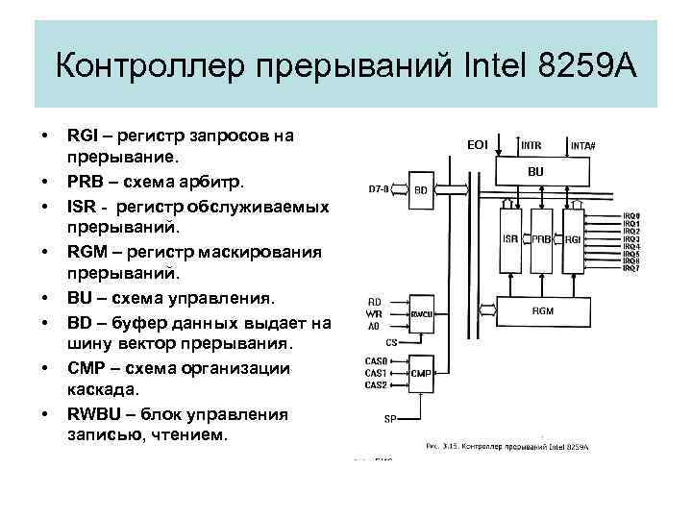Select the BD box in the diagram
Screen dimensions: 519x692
click(x=421, y=189)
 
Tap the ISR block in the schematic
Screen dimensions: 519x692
click(x=511, y=239)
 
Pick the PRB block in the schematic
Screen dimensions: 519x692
click(x=541, y=239)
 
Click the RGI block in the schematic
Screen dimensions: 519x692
click(x=573, y=239)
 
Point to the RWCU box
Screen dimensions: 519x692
click(x=421, y=314)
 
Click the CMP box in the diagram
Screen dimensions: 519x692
click(x=421, y=372)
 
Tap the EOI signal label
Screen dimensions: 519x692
click(x=478, y=144)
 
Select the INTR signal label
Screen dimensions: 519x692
click(x=531, y=145)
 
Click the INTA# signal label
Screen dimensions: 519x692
click(x=583, y=146)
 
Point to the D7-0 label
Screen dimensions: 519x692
click(x=379, y=189)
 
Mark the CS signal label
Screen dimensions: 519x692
click(x=391, y=340)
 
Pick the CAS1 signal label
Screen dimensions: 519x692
click(x=376, y=372)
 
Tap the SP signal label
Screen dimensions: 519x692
click(x=389, y=419)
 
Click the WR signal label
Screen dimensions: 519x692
click(x=375, y=313)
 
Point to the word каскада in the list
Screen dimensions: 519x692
click(x=103, y=390)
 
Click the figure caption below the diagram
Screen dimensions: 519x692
click(x=506, y=447)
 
